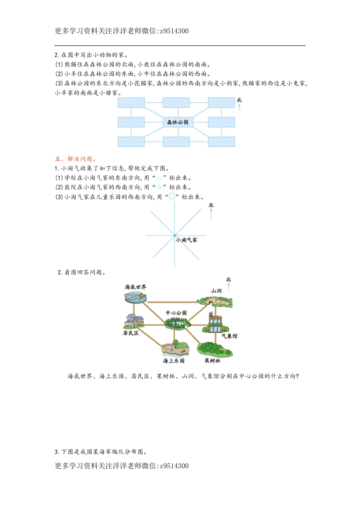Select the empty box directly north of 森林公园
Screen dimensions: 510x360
click(176, 102)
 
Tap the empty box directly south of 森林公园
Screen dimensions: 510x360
click(176, 142)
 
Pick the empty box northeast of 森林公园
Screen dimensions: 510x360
click(221, 102)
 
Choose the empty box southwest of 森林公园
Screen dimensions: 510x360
click(131, 142)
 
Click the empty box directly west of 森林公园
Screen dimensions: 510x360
click(131, 122)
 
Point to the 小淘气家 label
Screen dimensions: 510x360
click(186, 240)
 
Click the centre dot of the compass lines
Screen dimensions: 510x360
click(175, 236)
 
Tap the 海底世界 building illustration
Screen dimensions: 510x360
click(135, 298)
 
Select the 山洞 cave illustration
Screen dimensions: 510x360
click(215, 301)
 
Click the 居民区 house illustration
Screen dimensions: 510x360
click(133, 321)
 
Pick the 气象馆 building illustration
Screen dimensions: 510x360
click(215, 323)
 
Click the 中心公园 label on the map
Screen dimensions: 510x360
click(176, 313)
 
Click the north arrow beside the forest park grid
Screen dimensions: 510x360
click(239, 107)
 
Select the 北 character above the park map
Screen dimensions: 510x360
click(228, 280)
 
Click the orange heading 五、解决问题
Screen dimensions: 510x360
click(75, 159)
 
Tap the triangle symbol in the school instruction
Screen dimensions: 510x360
click(159, 178)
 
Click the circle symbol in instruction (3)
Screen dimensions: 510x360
click(172, 197)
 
